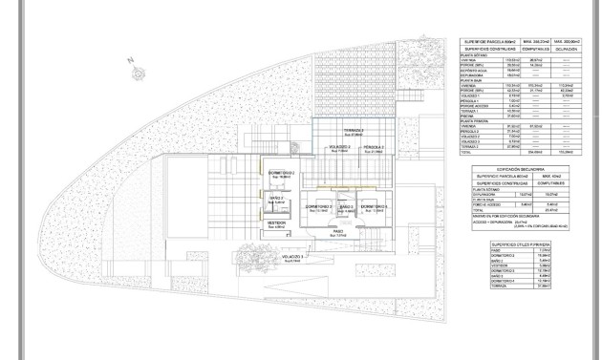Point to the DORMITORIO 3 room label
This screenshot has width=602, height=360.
pos(320,207)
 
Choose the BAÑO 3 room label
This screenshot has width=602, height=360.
pos(346,207)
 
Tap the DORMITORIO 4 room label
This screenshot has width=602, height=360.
pos(374,207)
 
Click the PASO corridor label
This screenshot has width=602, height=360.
pos(338,231)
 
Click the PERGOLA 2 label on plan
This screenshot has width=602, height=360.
pos(375,147)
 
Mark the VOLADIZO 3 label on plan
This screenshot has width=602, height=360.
pos(293,258)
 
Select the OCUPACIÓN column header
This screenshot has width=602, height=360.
pos(568,50)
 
